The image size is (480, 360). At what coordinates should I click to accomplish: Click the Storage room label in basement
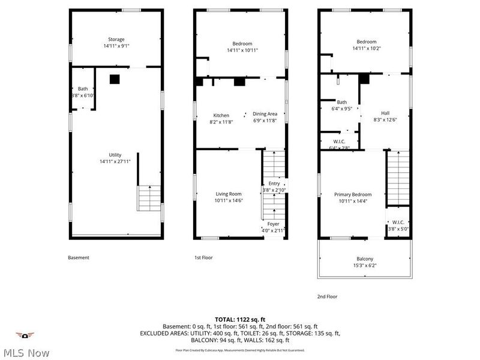[116, 43]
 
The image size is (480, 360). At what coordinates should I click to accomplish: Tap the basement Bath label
[82, 92]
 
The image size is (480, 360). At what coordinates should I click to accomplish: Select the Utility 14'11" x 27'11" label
[115, 158]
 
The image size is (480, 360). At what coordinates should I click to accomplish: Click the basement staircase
[149, 198]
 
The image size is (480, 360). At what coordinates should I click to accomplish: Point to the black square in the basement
[115, 78]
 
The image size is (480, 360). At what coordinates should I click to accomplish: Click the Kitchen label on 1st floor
[221, 118]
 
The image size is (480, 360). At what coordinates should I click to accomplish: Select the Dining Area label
[264, 116]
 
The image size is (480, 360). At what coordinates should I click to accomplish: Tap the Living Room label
[229, 197]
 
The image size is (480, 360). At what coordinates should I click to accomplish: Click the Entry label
[274, 187]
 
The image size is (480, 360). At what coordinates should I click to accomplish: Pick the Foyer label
[273, 227]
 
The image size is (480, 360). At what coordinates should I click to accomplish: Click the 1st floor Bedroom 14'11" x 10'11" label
[242, 46]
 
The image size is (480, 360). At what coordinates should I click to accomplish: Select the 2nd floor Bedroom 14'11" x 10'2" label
[366, 45]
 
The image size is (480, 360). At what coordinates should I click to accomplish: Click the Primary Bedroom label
[353, 198]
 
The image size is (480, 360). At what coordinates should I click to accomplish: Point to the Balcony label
[366, 262]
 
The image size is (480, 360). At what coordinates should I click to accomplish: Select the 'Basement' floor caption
[78, 257]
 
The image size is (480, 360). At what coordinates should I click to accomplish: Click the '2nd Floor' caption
[328, 296]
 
